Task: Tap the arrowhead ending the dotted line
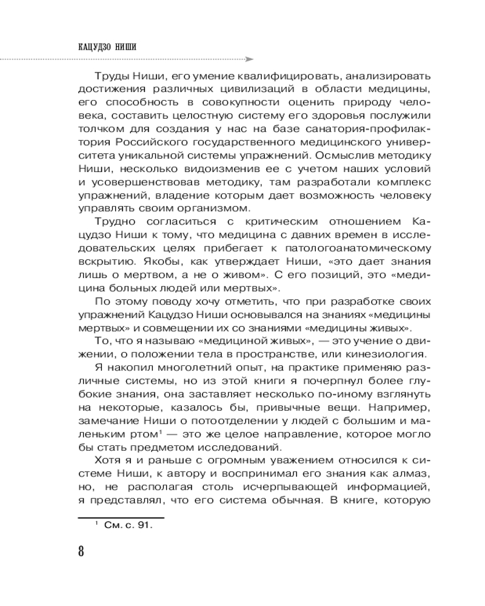point(249,59)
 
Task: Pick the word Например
point(396,408)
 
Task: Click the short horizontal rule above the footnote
point(122,517)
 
